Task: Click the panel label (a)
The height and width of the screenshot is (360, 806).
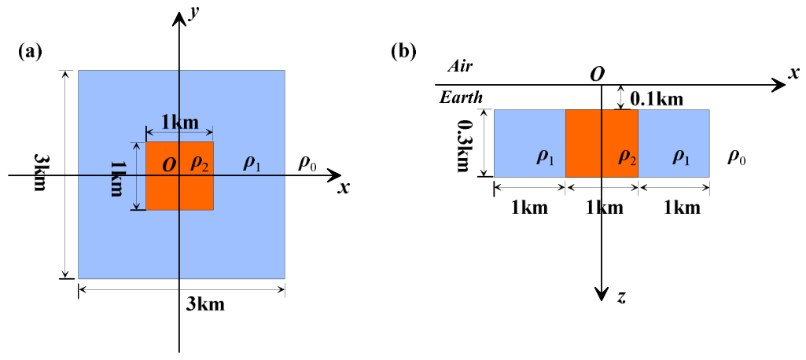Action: [x=30, y=52]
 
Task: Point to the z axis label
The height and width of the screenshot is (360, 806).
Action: [x=621, y=297]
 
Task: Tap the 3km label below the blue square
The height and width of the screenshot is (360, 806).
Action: [x=205, y=304]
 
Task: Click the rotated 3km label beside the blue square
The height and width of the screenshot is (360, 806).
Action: [x=40, y=173]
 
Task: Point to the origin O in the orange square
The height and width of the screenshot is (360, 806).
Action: [x=169, y=165]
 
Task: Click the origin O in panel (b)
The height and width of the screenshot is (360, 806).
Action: [x=596, y=75]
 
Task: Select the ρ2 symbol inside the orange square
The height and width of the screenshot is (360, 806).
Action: [x=200, y=163]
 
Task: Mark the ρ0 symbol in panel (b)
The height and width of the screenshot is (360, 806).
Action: [x=737, y=158]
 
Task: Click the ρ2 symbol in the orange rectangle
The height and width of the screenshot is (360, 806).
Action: [x=627, y=158]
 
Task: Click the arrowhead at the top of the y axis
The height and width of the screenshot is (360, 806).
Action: [x=178, y=19]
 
